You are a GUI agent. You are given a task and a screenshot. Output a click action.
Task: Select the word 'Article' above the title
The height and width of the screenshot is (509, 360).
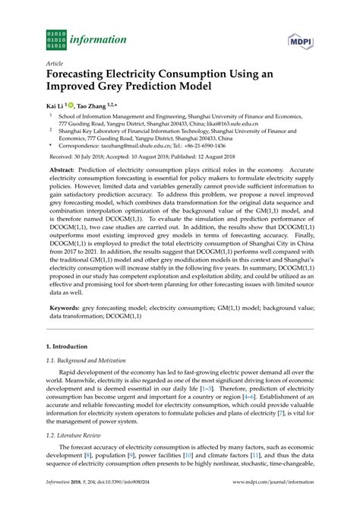click(x=55, y=66)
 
